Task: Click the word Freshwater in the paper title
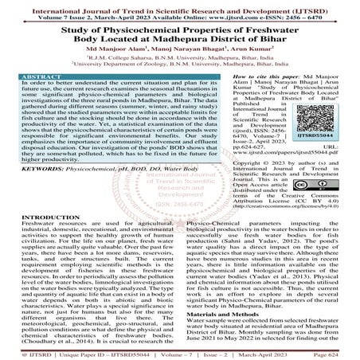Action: [289, 27]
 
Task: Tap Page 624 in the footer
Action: [335, 354]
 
